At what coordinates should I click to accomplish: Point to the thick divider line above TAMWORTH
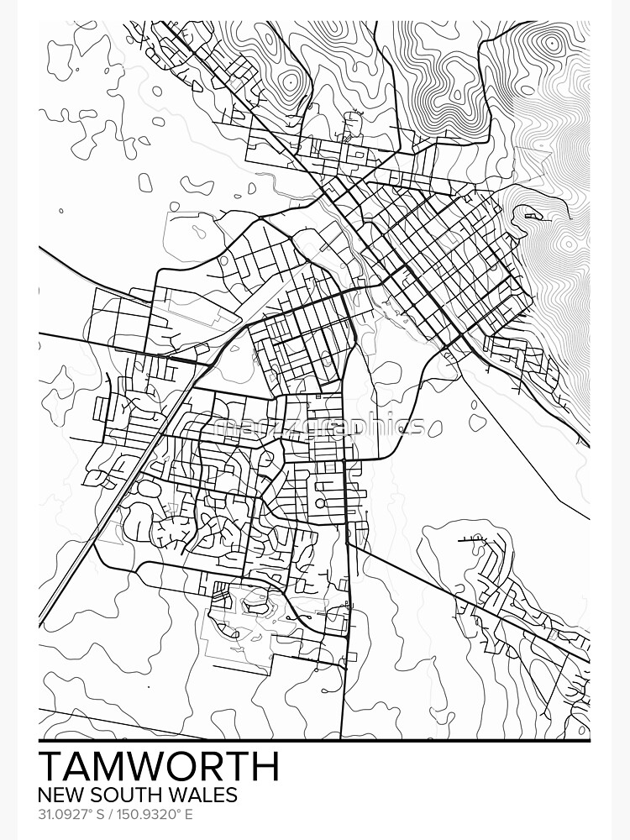pyautogui.click(x=314, y=741)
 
